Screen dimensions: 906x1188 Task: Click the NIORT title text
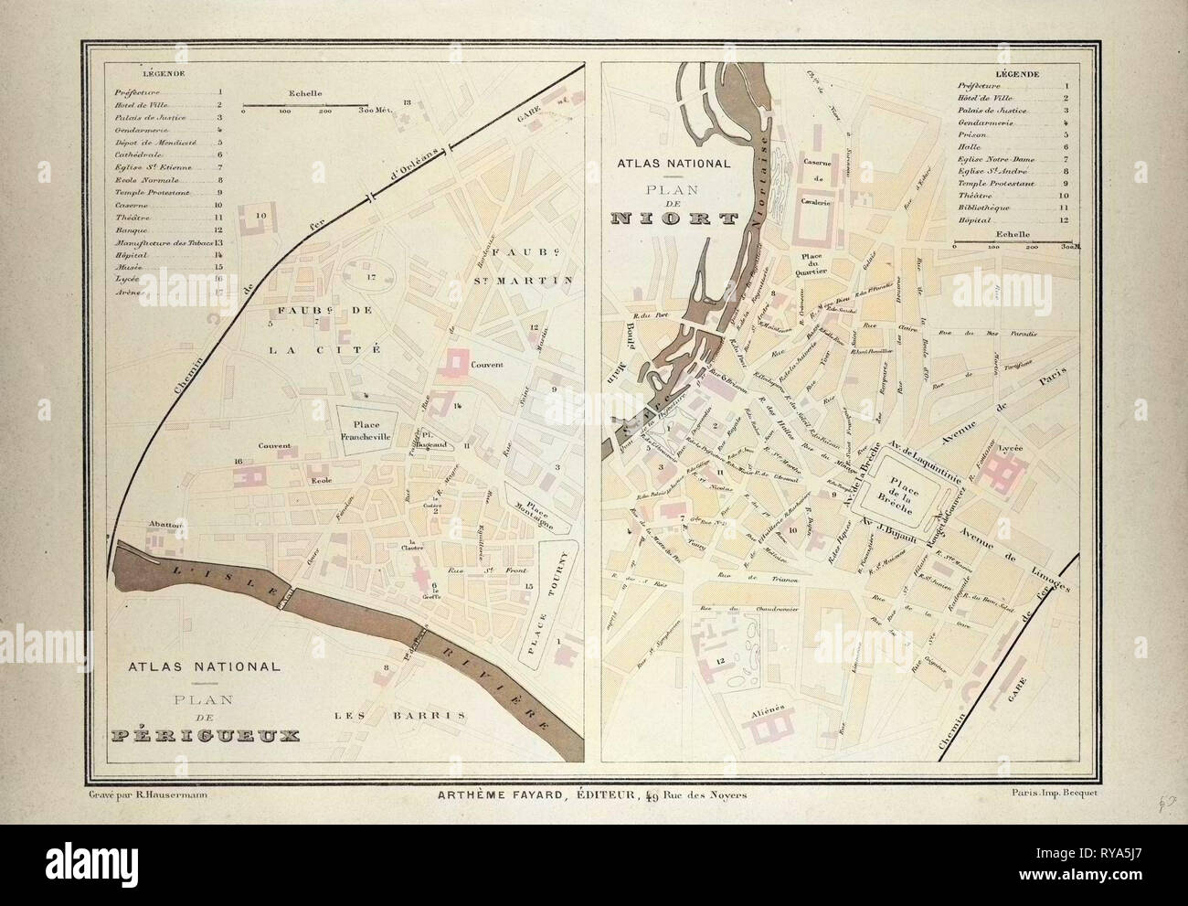[676, 219]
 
